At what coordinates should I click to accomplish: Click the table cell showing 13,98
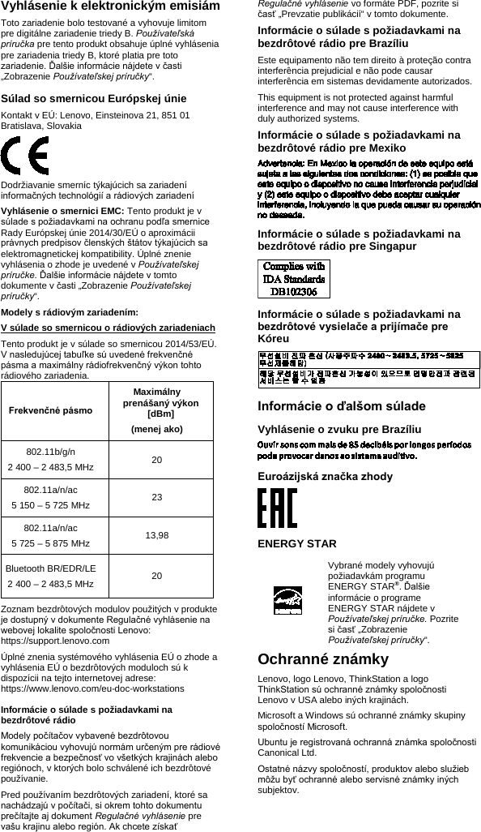(x=156, y=535)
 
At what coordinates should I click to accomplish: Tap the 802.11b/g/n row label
(x=50, y=451)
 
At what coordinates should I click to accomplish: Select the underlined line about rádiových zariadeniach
(x=109, y=328)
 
